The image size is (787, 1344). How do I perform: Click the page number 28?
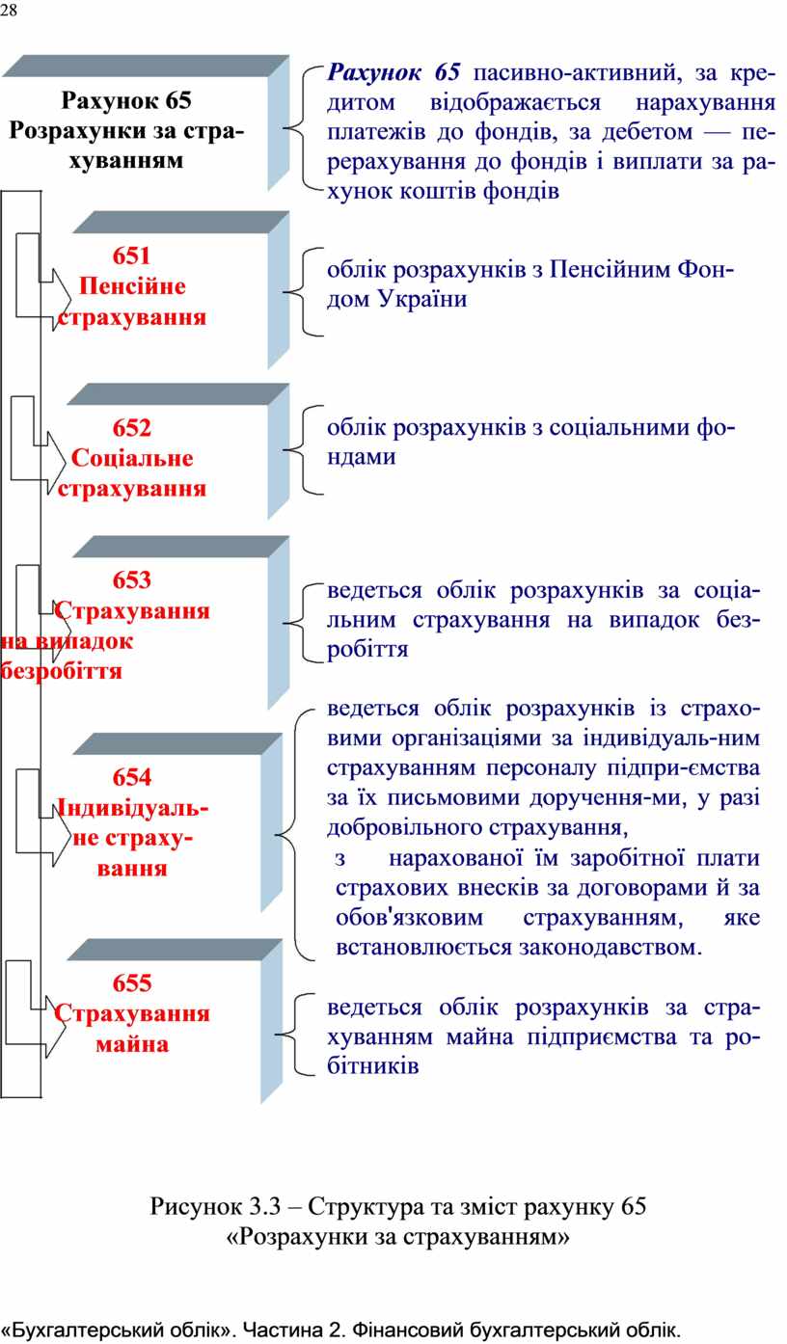point(9,11)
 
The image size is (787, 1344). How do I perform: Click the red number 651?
point(131,255)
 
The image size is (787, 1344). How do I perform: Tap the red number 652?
point(131,428)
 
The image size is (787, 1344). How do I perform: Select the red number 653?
point(131,579)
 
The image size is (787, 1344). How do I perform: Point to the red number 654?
point(132,777)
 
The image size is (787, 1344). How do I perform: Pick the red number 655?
point(132,982)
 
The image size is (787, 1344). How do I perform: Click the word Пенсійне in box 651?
point(132,286)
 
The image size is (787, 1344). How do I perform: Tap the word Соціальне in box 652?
point(132,458)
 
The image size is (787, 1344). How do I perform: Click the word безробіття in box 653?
point(61,671)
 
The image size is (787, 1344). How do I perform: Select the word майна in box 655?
point(132,1044)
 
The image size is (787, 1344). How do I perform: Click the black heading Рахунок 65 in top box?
point(126,100)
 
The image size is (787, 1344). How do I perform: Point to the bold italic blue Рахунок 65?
point(393,72)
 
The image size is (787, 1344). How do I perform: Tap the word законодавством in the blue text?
point(611,948)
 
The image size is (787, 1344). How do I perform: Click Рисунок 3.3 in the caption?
point(215,1206)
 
